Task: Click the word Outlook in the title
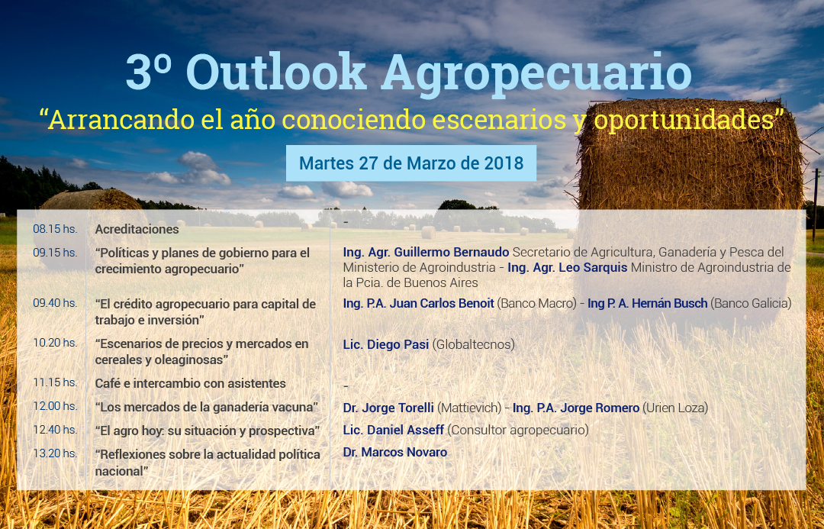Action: [x=276, y=72]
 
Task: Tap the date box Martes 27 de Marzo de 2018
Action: [x=411, y=163]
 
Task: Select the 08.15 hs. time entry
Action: [x=55, y=229]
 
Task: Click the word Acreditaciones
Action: [x=137, y=229]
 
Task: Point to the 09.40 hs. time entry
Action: [x=55, y=303]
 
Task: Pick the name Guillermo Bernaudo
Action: [x=452, y=253]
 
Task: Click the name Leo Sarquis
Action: [x=593, y=267]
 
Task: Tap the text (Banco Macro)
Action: [x=536, y=303]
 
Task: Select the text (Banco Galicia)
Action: [x=751, y=303]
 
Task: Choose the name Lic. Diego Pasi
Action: [x=386, y=344]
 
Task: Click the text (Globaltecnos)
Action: [x=474, y=344]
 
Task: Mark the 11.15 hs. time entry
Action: [x=55, y=382]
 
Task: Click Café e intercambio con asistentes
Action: [x=190, y=383]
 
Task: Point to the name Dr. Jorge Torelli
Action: [x=388, y=408]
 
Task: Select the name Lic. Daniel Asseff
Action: [x=394, y=430]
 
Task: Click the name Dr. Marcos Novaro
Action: [x=394, y=452]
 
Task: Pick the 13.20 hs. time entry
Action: [x=55, y=453]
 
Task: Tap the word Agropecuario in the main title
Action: [x=536, y=73]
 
